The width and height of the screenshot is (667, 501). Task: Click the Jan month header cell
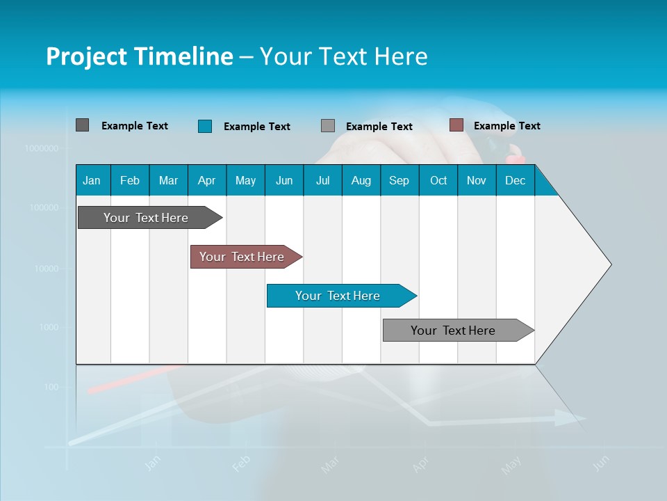tap(92, 180)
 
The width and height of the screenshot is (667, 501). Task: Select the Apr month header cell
tap(207, 180)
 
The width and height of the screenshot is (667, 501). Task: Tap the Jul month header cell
tap(322, 180)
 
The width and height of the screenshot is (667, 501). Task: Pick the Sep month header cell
tap(400, 180)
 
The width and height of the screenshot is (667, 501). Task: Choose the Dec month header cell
tap(515, 180)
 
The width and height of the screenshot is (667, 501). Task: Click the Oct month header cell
tap(438, 180)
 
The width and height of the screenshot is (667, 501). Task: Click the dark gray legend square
tap(82, 125)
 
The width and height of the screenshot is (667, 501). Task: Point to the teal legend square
tap(205, 126)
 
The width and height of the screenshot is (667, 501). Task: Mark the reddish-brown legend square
tap(456, 125)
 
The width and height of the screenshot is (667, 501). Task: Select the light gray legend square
tap(328, 126)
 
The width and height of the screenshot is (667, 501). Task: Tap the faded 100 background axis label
tap(51, 387)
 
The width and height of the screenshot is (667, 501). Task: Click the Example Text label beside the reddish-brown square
tap(507, 126)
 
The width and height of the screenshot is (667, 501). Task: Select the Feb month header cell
tap(130, 180)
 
